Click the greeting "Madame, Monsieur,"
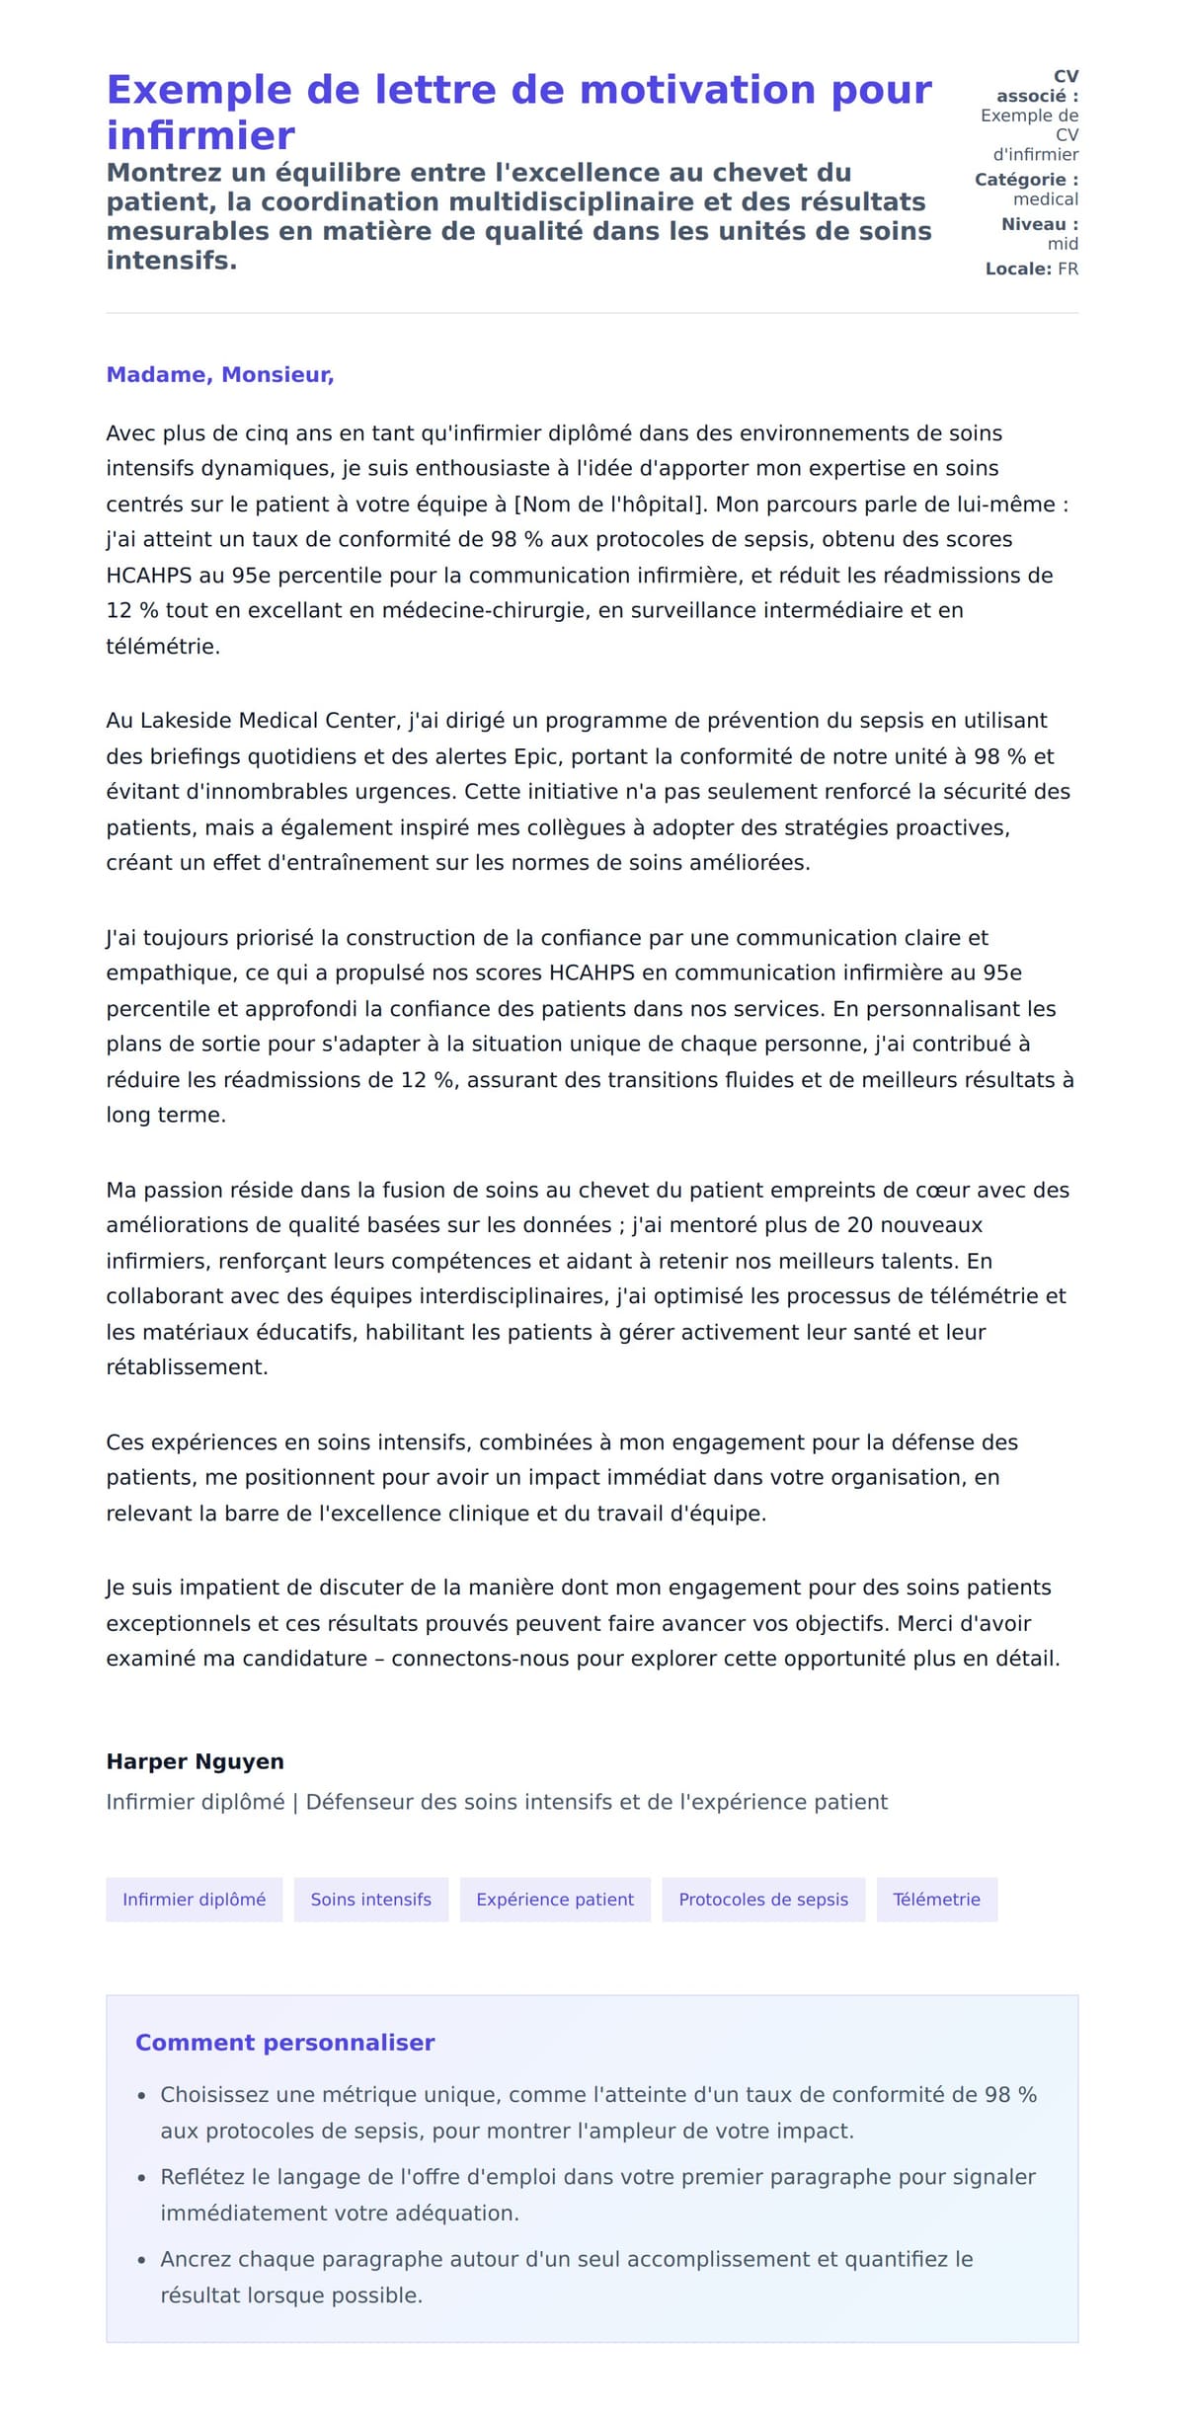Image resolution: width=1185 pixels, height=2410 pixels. coord(219,375)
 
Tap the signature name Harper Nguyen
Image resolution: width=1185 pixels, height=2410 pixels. coord(195,1761)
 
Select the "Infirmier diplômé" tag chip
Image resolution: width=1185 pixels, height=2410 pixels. coord(194,1900)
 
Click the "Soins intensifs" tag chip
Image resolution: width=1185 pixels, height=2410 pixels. coord(370,1900)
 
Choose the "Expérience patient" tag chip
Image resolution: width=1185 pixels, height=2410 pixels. coord(555,1900)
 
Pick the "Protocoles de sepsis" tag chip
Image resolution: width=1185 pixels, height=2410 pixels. coord(763,1900)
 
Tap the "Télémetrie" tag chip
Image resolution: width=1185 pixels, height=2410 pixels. coord(936,1900)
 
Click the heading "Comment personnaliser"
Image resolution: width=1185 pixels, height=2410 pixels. coord(284,2043)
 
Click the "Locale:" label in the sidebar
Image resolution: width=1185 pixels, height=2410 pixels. coord(1017,269)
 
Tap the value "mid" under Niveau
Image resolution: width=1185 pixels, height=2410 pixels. coord(1063,244)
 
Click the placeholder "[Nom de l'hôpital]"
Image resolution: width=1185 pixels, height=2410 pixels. coord(610,505)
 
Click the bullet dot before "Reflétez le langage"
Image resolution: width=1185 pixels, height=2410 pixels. coord(142,2178)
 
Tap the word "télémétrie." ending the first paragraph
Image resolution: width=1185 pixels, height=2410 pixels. coord(163,647)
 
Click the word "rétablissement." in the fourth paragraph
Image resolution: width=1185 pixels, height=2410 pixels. coord(187,1367)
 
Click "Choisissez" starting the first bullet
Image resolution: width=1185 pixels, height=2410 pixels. coord(214,2095)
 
